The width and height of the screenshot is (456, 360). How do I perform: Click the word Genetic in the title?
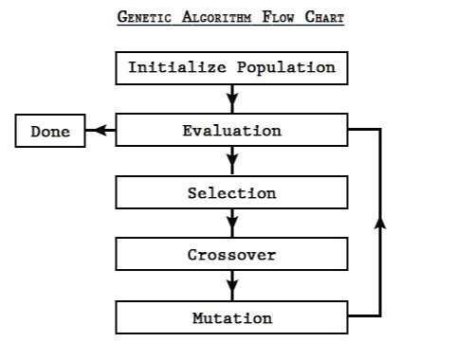144,17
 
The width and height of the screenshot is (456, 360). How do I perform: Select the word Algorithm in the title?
217,17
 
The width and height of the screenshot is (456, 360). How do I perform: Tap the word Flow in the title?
278,17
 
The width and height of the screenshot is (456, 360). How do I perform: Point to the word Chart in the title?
324,17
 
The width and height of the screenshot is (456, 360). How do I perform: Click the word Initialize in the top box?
177,67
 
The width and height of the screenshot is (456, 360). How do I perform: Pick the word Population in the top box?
286,68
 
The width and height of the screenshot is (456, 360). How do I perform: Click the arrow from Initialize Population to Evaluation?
232,99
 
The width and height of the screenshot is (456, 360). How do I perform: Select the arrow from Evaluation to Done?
100,130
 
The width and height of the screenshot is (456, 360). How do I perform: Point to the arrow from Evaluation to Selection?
232,160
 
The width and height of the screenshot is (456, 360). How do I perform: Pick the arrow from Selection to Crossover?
232,223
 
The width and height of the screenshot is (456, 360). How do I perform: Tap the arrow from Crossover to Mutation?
232,285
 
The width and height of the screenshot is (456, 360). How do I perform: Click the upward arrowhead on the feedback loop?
380,223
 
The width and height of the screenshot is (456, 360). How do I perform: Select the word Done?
50,132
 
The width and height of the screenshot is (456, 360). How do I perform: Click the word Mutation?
232,318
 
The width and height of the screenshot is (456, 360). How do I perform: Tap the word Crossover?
231,255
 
